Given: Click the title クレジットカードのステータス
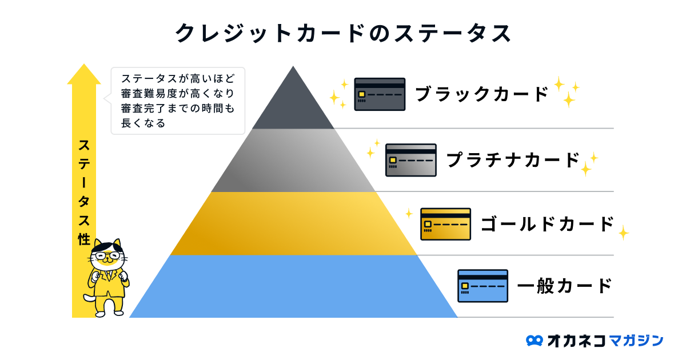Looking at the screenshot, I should (x=343, y=33).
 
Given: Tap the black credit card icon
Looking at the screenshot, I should (x=380, y=94).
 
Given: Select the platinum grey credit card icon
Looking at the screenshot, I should (x=410, y=159).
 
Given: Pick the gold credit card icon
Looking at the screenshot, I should (x=445, y=224).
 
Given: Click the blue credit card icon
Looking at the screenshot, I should (x=482, y=286).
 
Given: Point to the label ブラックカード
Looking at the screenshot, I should (x=481, y=94).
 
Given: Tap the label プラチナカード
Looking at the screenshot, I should (x=513, y=160).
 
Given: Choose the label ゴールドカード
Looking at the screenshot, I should (x=547, y=224).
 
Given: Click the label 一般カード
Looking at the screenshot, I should (x=564, y=285).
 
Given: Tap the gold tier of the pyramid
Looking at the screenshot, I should (x=293, y=224).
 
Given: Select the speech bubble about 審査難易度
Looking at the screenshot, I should (x=177, y=101).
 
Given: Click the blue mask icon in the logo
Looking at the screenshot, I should (x=535, y=341).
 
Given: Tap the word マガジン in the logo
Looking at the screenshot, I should (x=636, y=341).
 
